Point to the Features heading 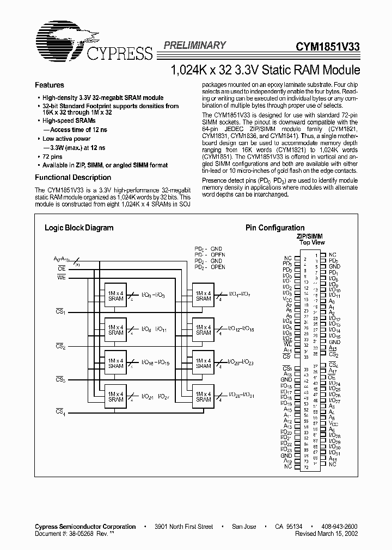point(50,85)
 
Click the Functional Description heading point(73,178)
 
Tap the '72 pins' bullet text point(54,156)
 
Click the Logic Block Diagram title point(79,228)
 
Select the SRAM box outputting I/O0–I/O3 point(115,295)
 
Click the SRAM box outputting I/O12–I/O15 point(203,329)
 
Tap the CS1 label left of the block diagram point(60,311)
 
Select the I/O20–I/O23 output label point(240,362)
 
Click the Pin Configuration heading point(275,228)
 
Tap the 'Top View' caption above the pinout point(312,242)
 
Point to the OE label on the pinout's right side point(331,377)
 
